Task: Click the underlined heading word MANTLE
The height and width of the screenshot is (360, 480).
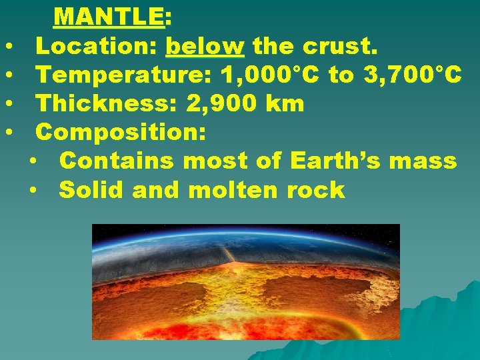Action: pyautogui.click(x=109, y=16)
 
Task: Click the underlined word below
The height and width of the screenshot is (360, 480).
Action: pyautogui.click(x=205, y=47)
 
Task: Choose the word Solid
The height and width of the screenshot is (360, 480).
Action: pyautogui.click(x=92, y=190)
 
